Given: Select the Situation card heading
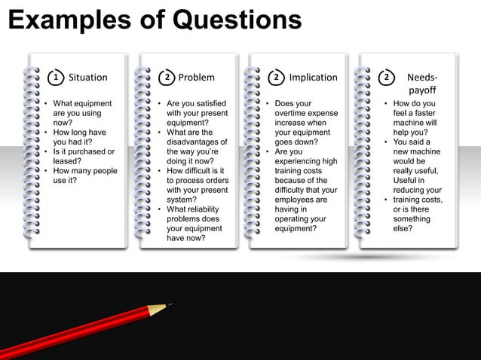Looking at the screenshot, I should pyautogui.click(x=88, y=77).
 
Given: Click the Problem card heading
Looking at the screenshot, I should pyautogui.click(x=196, y=77).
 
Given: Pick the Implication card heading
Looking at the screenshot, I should pyautogui.click(x=313, y=77).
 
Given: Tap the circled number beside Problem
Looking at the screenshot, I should pyautogui.click(x=167, y=77).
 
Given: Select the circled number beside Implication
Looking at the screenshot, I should pyautogui.click(x=277, y=77).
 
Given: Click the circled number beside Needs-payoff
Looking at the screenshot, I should pyautogui.click(x=387, y=77).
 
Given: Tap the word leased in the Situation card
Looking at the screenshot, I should pyautogui.click(x=66, y=160).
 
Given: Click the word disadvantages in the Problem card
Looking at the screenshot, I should pyautogui.click(x=197, y=142).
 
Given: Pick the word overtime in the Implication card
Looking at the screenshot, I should pyautogui.click(x=291, y=113).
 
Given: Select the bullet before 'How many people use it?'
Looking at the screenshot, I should pyautogui.click(x=46, y=171).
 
